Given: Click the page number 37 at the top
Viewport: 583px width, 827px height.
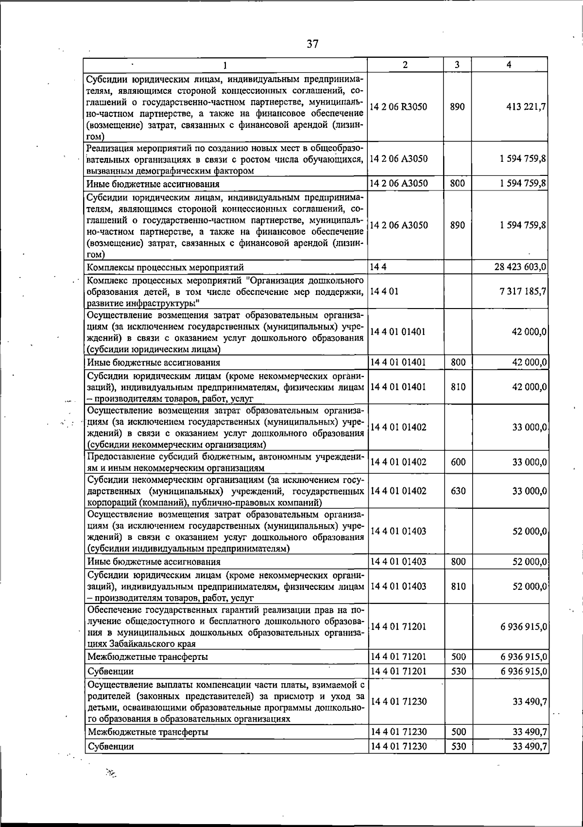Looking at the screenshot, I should tap(312, 44).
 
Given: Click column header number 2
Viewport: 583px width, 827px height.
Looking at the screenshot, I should tap(405, 65).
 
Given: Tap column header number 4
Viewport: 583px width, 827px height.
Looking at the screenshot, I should tap(508, 65).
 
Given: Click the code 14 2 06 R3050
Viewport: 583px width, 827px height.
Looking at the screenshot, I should tap(398, 107).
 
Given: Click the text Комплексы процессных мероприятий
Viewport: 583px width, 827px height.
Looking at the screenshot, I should tap(165, 267).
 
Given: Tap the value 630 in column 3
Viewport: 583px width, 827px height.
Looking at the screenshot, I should tap(458, 491).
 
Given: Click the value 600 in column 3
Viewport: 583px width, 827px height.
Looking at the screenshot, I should tap(458, 462).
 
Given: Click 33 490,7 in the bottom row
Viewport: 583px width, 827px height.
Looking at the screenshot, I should tap(530, 746).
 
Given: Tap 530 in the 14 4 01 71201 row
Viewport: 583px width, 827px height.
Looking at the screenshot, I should tap(458, 672).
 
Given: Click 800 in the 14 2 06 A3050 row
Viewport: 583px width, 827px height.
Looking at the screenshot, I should tap(458, 183).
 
